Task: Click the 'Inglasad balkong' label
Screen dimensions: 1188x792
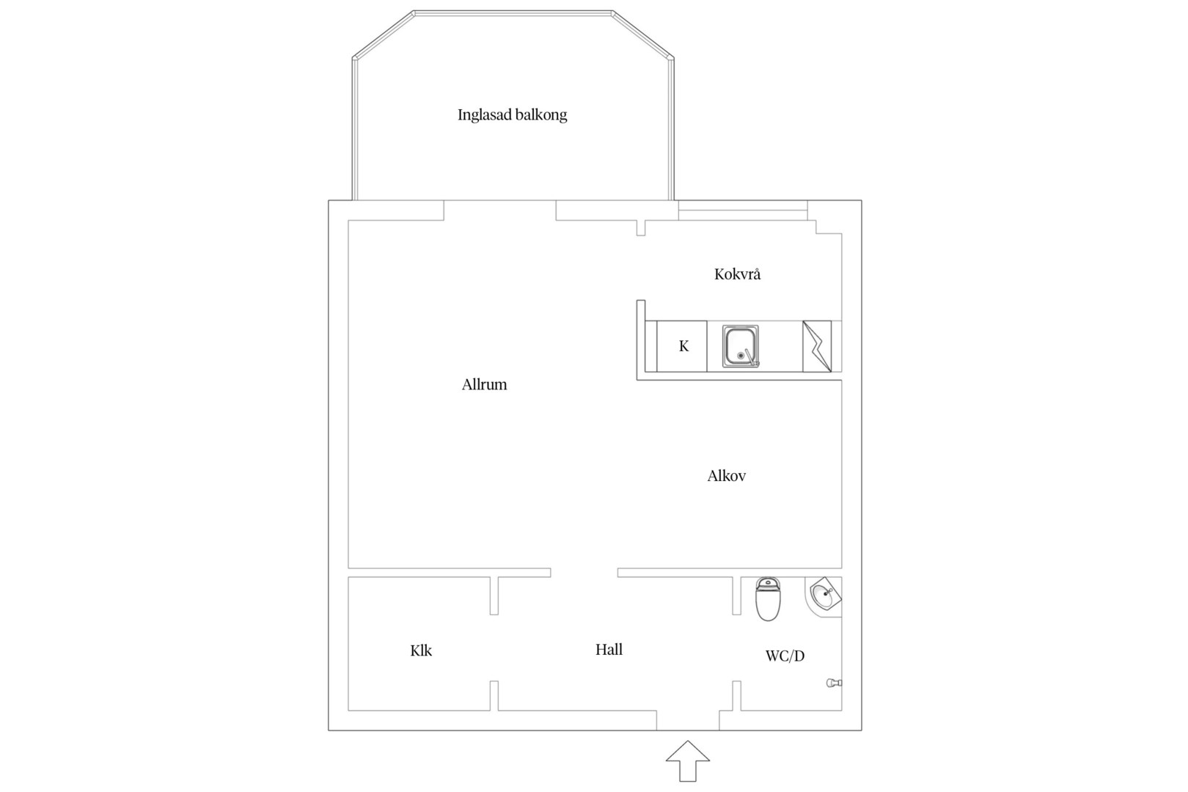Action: pos(513,115)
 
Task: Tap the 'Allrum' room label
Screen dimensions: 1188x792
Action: pos(484,384)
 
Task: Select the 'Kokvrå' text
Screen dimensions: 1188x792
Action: pos(737,274)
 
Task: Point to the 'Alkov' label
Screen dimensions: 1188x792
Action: pos(727,475)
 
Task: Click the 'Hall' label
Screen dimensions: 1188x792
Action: pos(609,649)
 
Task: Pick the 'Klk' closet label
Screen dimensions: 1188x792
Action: pos(421,650)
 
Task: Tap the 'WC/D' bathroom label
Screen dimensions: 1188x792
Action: pos(785,656)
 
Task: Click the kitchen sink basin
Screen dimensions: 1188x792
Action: pos(741,346)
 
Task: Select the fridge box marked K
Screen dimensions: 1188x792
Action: pos(681,346)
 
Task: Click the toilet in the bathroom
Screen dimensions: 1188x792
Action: pos(768,599)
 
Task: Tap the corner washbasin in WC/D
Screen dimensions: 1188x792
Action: pos(824,598)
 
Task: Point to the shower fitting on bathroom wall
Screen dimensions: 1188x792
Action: pos(835,683)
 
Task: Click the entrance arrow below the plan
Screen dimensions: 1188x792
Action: pos(688,761)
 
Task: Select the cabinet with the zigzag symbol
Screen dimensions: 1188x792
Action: pos(817,346)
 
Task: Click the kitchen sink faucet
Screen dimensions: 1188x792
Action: pos(751,358)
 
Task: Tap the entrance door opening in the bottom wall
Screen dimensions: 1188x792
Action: pos(688,720)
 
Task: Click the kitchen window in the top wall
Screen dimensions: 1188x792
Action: pos(743,210)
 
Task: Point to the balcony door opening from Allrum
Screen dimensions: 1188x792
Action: pos(499,210)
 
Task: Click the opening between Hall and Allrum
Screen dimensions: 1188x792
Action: pos(584,573)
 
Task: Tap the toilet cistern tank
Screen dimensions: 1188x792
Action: pos(769,584)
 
